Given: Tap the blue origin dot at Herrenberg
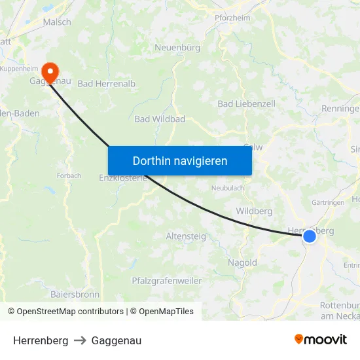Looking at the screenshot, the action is click(309, 236).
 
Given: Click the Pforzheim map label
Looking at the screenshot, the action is click(232, 18).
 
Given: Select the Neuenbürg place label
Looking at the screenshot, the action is click(177, 47).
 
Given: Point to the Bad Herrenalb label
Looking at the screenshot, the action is click(107, 84).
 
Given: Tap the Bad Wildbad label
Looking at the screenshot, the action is click(160, 119).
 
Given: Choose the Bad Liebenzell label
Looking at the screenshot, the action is click(246, 103).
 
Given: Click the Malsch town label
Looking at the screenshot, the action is click(57, 22).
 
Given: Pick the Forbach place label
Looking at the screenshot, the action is click(69, 175).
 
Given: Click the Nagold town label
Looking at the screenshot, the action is click(242, 262).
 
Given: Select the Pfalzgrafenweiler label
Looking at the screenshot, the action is click(167, 281).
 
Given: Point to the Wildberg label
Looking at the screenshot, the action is click(254, 211).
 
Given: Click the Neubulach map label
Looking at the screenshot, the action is click(227, 188).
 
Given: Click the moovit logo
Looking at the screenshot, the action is click(321, 340).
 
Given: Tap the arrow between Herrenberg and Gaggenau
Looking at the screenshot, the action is click(80, 340).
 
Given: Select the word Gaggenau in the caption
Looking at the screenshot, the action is click(117, 340).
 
